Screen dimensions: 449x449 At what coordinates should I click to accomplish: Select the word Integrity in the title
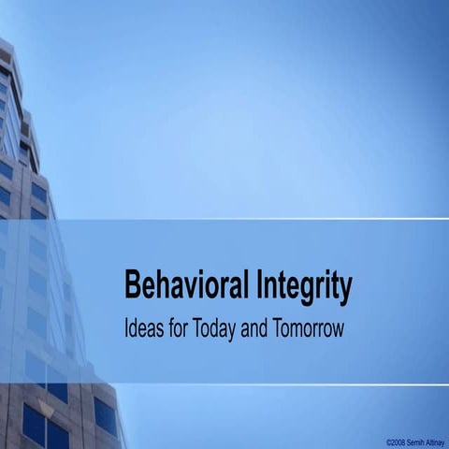[x=303, y=285]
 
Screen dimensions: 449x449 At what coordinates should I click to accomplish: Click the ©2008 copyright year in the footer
[x=397, y=440]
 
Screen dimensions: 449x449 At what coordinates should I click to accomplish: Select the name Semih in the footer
[x=417, y=440]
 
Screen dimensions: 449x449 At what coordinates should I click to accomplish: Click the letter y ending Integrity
[x=345, y=289]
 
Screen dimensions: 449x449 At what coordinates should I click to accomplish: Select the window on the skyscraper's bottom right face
[x=105, y=415]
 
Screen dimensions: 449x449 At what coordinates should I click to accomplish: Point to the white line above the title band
[x=281, y=219]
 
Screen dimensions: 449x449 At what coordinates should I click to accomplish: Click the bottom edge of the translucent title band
[x=281, y=383]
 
